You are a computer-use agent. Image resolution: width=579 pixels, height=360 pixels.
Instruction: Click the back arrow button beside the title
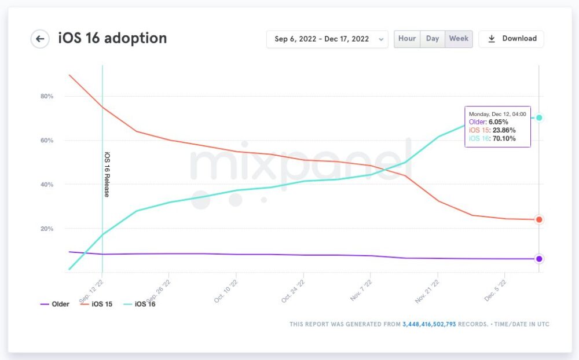point(40,39)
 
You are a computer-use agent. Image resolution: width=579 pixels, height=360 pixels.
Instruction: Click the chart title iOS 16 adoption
point(112,39)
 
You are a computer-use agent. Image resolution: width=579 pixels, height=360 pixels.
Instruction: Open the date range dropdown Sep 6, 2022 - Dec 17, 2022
point(327,39)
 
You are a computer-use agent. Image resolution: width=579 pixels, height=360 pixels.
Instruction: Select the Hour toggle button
point(407,39)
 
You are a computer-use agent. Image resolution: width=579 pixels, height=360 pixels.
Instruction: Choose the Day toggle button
point(433,39)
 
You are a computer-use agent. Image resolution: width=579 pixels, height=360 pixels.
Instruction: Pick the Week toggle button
point(459,39)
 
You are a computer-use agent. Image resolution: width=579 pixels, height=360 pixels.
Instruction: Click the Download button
point(511,39)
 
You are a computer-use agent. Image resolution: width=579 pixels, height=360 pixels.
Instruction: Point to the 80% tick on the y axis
point(47,96)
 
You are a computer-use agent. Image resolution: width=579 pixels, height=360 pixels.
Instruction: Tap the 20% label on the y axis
point(47,229)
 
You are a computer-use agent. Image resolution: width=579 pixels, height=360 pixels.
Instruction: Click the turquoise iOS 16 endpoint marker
point(539,117)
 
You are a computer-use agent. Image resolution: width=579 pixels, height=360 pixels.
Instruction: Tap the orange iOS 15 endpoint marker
point(539,219)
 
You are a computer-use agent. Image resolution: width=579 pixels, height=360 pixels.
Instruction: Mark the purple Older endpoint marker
point(539,259)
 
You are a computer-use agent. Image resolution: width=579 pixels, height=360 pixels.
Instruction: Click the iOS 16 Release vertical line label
point(107,174)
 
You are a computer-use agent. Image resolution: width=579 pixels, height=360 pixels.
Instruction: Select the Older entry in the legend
point(55,304)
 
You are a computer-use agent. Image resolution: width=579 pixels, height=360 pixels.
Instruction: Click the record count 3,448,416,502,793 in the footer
point(429,324)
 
